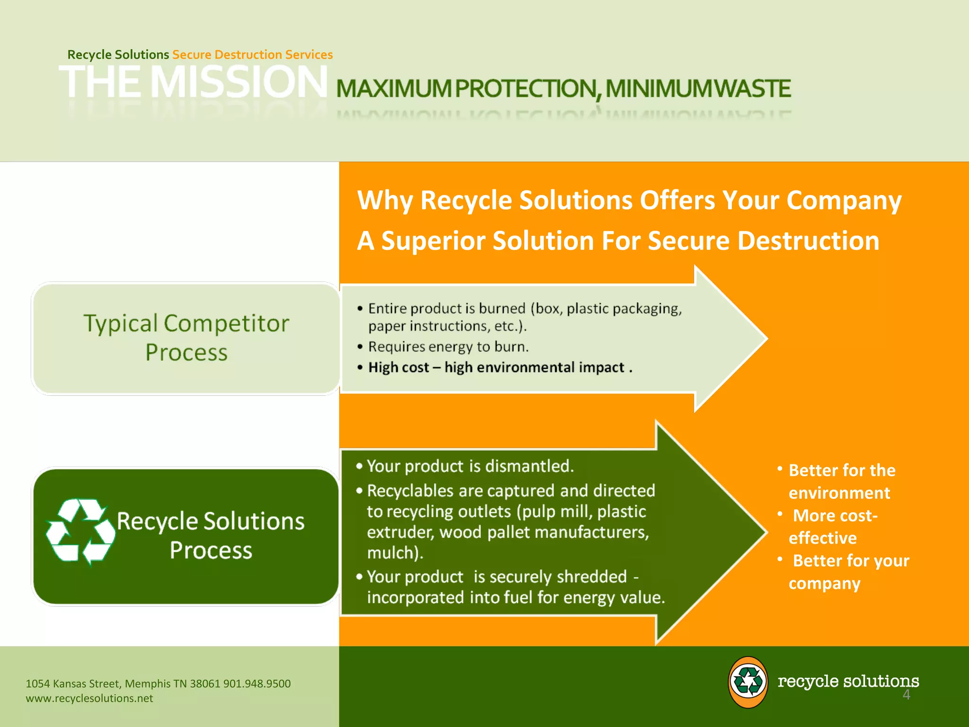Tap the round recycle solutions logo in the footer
tap(748, 682)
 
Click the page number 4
tap(906, 695)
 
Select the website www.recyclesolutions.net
tap(89, 699)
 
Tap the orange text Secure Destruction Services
tap(252, 55)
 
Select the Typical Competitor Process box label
tap(186, 338)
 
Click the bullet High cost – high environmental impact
tap(500, 368)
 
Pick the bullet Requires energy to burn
tap(448, 347)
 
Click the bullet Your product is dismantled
tap(469, 467)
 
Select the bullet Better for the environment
tap(841, 482)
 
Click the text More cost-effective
tap(833, 527)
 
